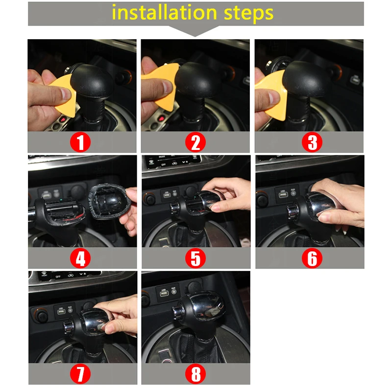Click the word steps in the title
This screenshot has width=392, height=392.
coord(247,13)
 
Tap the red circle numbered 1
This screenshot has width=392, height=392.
coord(81,143)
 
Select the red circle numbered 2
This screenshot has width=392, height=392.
coord(196,143)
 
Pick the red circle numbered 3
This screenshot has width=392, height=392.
coord(312,143)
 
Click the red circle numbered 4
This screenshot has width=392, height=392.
coord(81,258)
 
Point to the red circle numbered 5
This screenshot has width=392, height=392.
coord(196,258)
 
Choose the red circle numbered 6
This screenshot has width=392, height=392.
coord(312,258)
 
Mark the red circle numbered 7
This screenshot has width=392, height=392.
coord(81,374)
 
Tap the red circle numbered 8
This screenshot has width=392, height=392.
coord(196,374)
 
